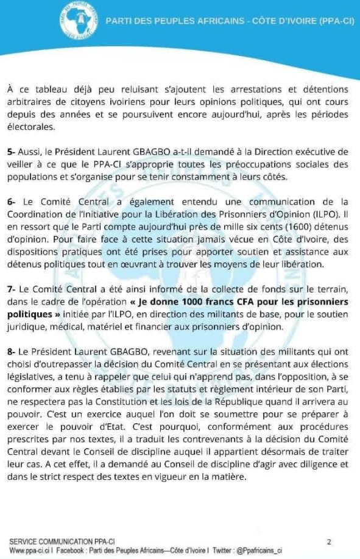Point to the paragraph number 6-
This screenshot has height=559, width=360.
tap(12, 202)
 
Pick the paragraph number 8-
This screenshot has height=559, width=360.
tap(12, 353)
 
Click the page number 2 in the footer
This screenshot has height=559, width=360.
tap(330, 541)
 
